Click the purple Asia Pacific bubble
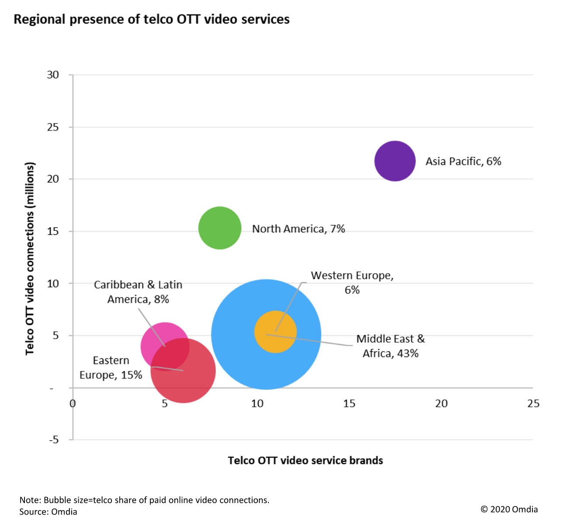tap(395, 161)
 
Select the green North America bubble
tap(220, 228)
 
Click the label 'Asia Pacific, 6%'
tap(463, 161)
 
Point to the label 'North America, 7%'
tap(299, 229)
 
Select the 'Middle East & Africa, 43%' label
tap(390, 346)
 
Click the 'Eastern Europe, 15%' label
tap(111, 368)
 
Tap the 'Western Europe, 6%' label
tap(352, 282)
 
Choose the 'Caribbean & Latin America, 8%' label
tap(138, 292)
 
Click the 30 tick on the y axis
tap(53, 75)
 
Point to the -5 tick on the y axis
tap(53, 440)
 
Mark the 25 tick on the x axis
tap(533, 403)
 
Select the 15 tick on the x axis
tap(349, 403)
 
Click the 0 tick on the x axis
tap(73, 403)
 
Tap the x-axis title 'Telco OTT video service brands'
tap(305, 460)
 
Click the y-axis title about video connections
tap(30, 258)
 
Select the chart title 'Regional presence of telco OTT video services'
tap(152, 20)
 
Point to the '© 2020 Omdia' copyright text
tap(509, 509)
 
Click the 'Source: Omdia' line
tap(48, 512)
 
